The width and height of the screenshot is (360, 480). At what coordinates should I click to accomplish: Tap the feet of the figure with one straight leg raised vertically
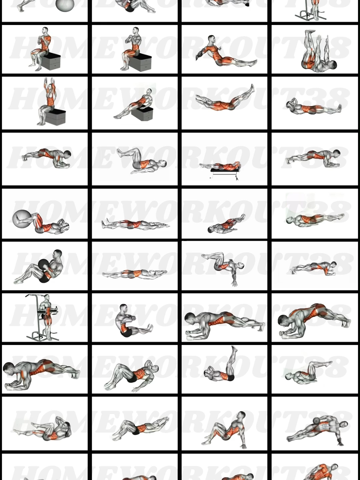click(x=234, y=349)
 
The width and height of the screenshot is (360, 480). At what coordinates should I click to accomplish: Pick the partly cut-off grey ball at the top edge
click(x=65, y=5)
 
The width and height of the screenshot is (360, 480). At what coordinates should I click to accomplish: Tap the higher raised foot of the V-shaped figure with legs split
click(x=252, y=87)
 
